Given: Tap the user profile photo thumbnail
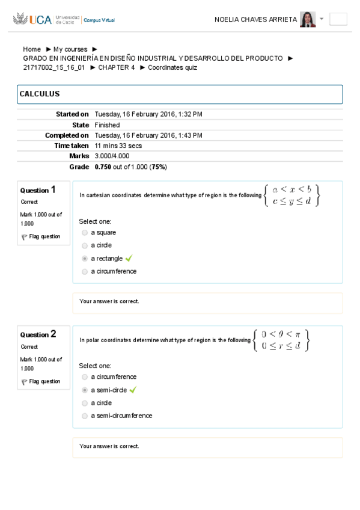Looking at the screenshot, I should click(308, 19).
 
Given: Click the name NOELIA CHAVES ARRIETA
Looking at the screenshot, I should click(255, 20).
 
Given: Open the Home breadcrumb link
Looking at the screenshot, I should click(32, 49).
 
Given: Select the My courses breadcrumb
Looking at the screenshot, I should click(70, 49).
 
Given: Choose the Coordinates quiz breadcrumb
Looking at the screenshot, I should click(172, 67).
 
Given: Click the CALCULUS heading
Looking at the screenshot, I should click(40, 94).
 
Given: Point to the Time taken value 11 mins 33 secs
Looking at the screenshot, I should click(118, 146).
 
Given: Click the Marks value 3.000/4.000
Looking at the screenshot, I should click(112, 156).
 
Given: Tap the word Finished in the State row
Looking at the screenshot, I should click(107, 125).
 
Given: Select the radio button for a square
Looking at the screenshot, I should click(85, 232).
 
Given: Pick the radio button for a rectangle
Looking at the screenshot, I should click(85, 259).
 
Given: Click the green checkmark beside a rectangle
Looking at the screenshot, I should click(129, 259).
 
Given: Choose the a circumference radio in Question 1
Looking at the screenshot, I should click(85, 271).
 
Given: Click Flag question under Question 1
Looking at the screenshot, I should click(44, 236).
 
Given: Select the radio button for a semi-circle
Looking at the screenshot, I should click(85, 390).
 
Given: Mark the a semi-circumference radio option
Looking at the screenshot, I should click(85, 416).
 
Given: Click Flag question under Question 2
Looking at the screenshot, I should click(44, 381).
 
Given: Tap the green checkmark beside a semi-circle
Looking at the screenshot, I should click(133, 390).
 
